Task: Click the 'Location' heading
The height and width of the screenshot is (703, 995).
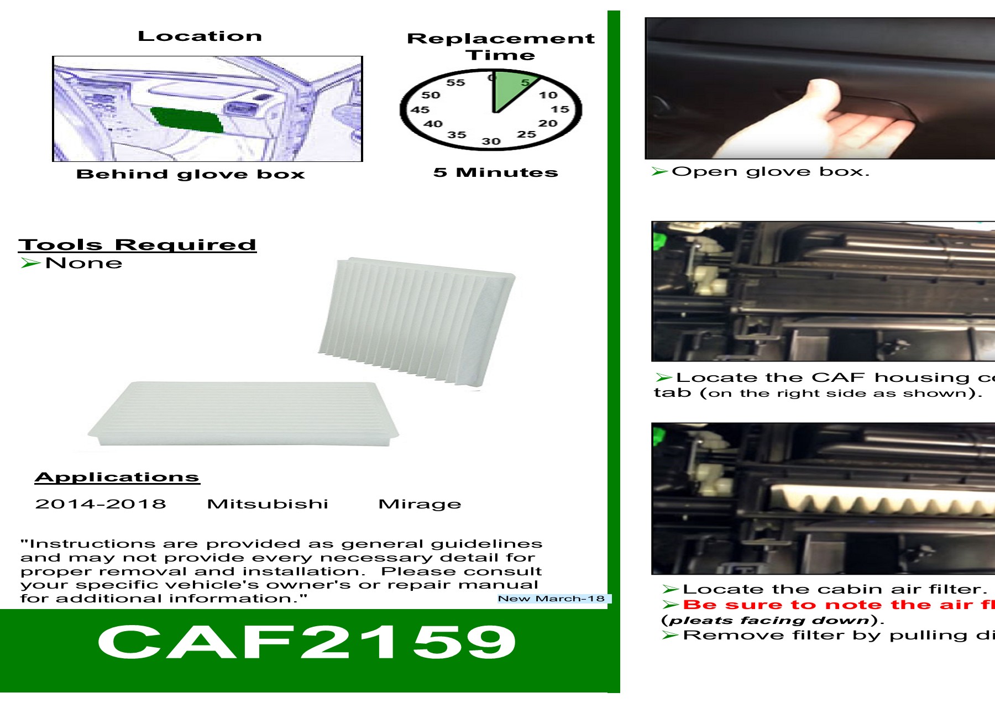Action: click(x=200, y=36)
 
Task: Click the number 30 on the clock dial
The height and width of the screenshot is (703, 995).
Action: click(x=491, y=141)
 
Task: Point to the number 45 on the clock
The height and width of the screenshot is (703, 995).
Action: click(x=420, y=110)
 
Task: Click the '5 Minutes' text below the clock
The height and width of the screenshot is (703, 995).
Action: click(x=495, y=172)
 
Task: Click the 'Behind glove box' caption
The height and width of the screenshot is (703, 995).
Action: click(x=191, y=174)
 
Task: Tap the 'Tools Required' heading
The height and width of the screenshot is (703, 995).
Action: click(x=137, y=245)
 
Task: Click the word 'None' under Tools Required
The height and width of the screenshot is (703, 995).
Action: click(x=83, y=263)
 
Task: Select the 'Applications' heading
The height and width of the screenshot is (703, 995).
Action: click(x=117, y=477)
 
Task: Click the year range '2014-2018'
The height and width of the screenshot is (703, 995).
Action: click(x=101, y=504)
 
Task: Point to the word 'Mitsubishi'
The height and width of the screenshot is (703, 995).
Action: click(x=268, y=504)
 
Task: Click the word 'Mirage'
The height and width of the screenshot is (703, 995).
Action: click(x=420, y=504)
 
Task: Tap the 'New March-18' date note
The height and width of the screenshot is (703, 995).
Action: click(x=551, y=599)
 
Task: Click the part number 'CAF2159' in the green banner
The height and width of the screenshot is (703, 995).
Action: click(x=306, y=642)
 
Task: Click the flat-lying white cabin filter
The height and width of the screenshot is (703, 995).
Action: click(x=243, y=412)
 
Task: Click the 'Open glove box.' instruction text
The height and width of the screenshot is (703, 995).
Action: click(x=771, y=172)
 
